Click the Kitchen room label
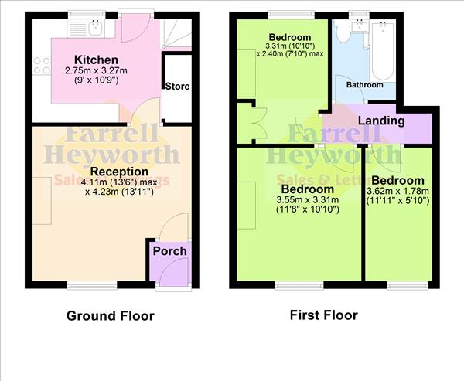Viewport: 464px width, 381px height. pyautogui.click(x=96, y=60)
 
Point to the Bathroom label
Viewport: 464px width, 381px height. pyautogui.click(x=364, y=85)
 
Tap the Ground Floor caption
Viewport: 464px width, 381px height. pyautogui.click(x=110, y=315)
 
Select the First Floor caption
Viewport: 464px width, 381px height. pyautogui.click(x=323, y=315)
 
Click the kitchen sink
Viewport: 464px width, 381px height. pyautogui.click(x=91, y=29)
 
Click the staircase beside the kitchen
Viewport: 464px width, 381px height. pyautogui.click(x=176, y=35)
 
